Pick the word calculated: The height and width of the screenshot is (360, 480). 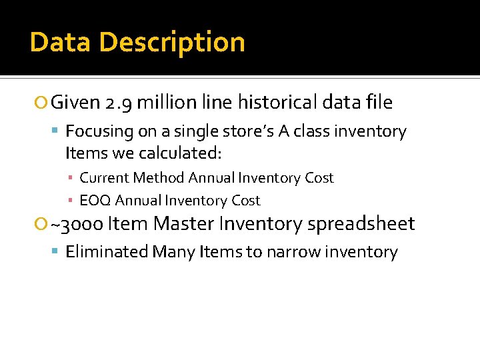click(x=180, y=153)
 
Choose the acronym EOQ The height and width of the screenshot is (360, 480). click(x=95, y=200)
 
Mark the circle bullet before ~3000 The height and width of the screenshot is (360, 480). click(x=42, y=225)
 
